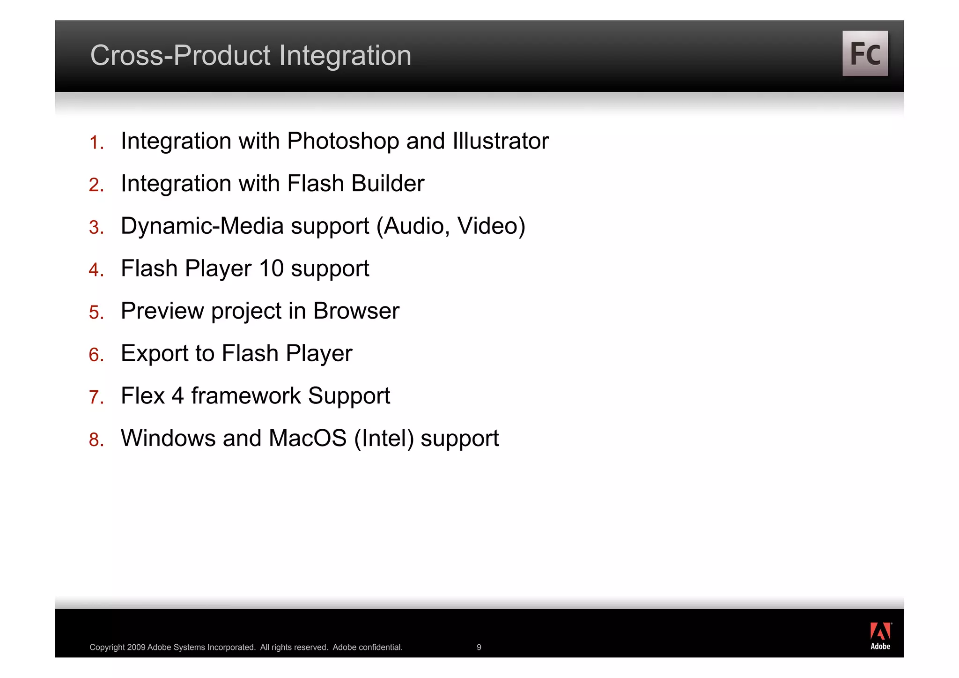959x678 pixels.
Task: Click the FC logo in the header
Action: point(864,53)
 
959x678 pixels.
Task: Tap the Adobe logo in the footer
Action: point(880,636)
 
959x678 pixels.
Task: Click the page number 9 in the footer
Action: point(479,647)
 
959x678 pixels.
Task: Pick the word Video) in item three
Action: point(491,226)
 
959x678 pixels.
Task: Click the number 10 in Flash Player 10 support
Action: point(271,268)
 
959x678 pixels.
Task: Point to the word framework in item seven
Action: point(246,395)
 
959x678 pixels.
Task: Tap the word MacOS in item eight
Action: point(308,438)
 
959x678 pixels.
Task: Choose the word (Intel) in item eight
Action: point(384,439)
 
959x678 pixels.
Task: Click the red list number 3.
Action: point(96,228)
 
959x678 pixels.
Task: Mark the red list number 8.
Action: point(96,440)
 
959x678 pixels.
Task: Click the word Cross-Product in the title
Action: point(181,55)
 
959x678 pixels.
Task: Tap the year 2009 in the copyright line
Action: point(136,647)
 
